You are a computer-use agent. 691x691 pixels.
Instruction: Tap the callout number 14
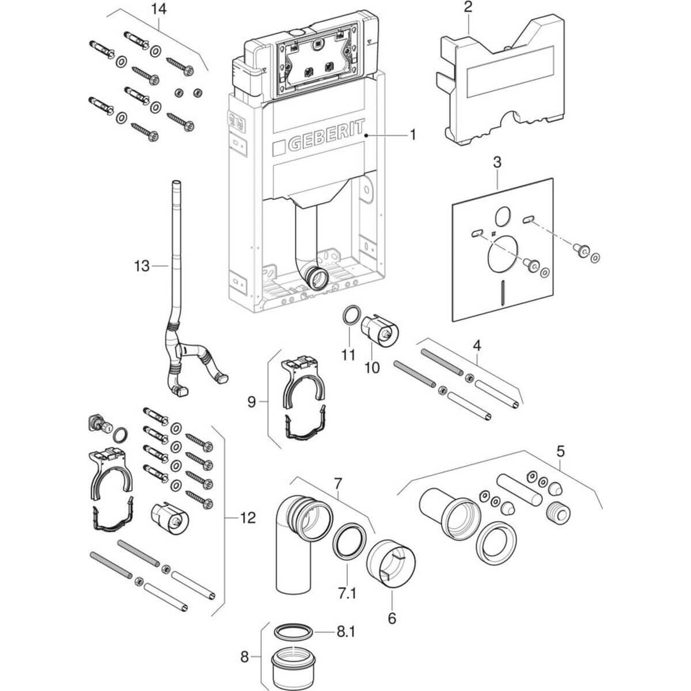pos(158,9)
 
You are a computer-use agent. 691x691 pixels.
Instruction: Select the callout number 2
pos(468,7)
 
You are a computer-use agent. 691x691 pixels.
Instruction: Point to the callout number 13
pos(142,266)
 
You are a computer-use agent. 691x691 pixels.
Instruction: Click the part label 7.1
pos(347,594)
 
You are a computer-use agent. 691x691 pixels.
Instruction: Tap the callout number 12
pos(248,518)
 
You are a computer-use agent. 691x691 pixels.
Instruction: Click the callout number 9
pos(252,402)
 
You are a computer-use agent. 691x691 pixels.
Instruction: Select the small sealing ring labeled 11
pos(350,315)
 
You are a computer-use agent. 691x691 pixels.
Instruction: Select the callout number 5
pos(560,451)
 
